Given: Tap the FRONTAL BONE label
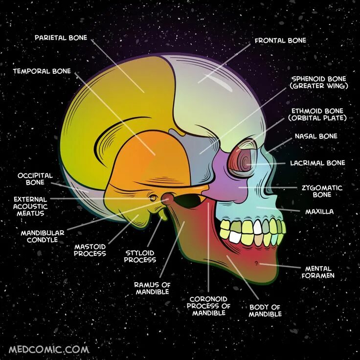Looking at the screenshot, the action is coord(280,41).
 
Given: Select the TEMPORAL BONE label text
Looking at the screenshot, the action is coord(42,71).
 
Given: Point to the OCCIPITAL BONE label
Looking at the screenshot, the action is coord(35,179).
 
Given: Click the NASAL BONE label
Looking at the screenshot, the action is coord(315,136).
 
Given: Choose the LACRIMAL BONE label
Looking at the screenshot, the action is coord(317,163).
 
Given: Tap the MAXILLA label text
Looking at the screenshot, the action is coord(319,212).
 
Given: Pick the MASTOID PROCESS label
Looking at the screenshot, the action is coord(90,250).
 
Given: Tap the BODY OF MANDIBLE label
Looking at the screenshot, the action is coord(265,311).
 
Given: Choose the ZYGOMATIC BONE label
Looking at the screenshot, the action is coord(322,191).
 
